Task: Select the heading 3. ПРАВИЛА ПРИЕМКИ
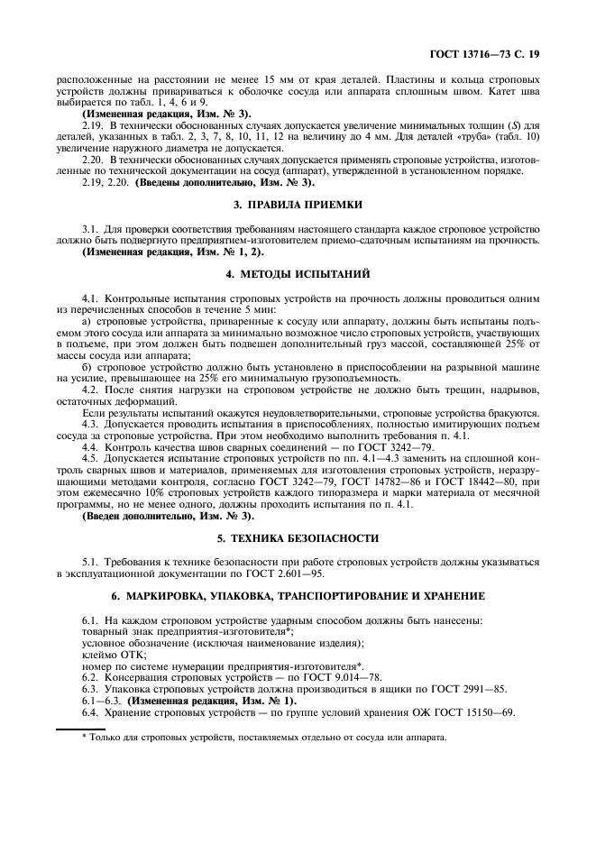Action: click(x=298, y=205)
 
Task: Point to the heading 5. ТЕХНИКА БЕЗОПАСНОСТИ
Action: click(x=298, y=538)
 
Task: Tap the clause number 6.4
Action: click(x=90, y=711)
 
